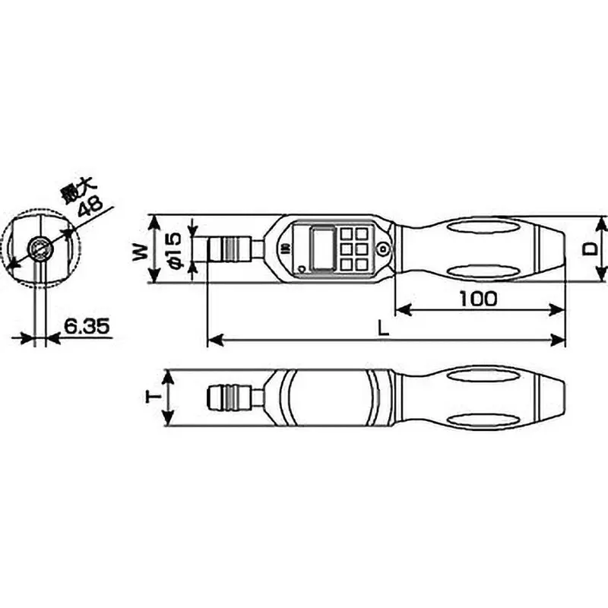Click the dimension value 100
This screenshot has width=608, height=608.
point(478,298)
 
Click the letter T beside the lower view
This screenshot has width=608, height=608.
point(153,398)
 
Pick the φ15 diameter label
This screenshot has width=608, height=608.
point(173,249)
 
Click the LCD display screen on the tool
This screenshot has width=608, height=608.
point(321,248)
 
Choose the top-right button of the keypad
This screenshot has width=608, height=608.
point(362,233)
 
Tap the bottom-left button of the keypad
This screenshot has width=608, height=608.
point(347,263)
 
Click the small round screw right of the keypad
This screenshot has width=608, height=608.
point(385,248)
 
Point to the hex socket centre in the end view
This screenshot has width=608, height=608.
point(38,247)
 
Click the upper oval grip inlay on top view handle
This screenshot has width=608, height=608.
point(483,226)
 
